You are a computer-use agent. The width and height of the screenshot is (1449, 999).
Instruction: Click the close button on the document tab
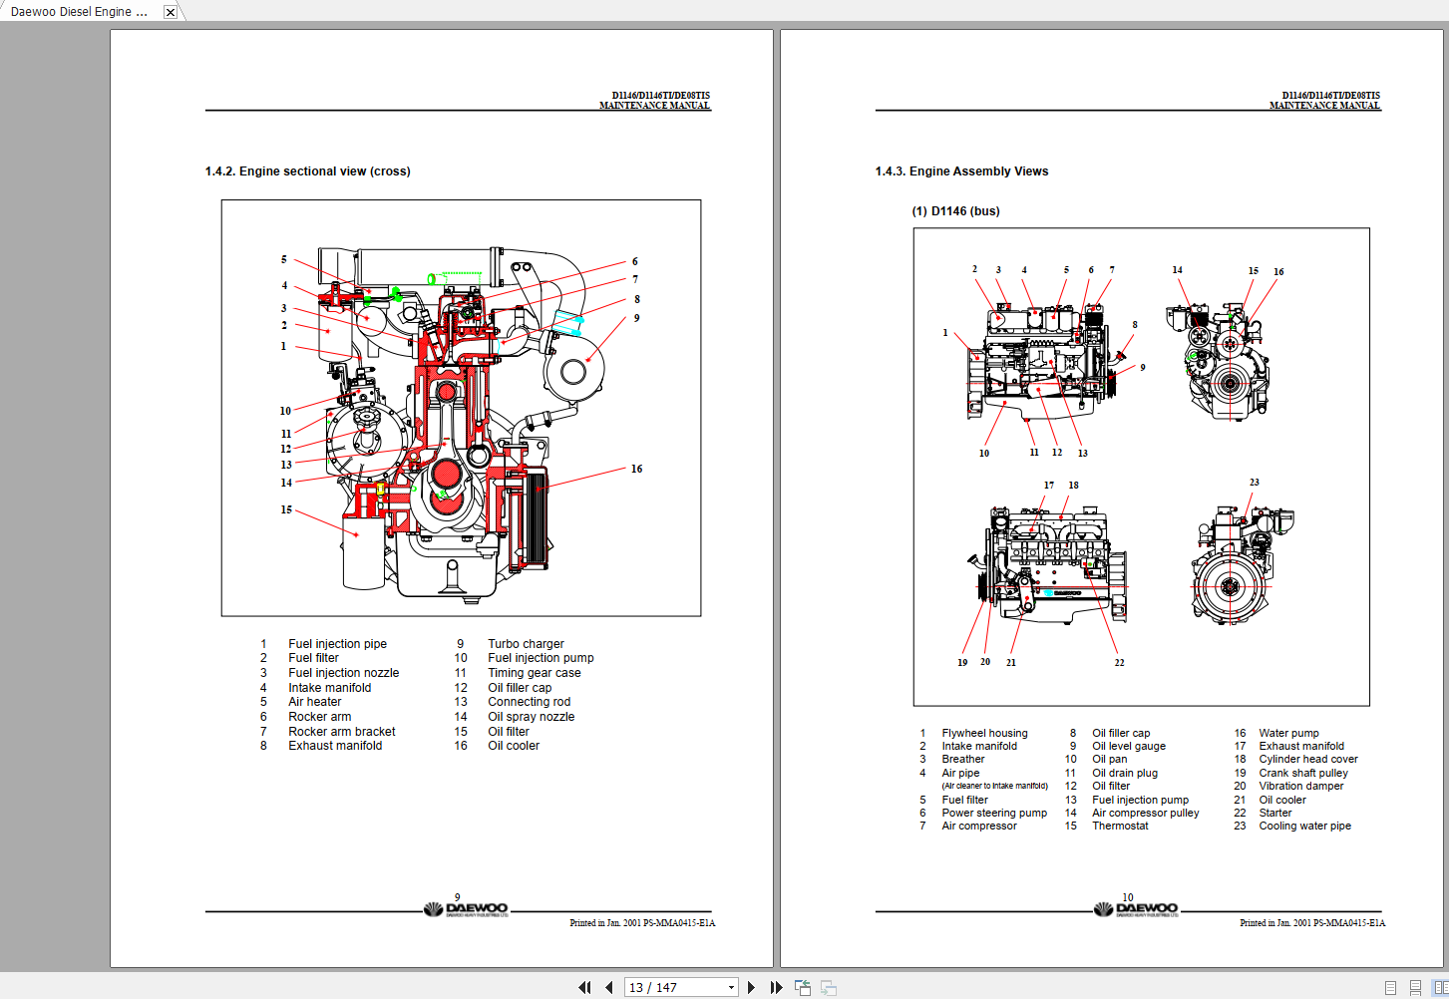171,12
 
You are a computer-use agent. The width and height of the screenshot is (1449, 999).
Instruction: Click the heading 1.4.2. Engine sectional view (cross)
307,171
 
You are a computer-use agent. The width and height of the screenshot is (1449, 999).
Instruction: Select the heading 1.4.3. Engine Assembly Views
961,171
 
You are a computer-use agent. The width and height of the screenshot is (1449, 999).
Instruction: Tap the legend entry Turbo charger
526,644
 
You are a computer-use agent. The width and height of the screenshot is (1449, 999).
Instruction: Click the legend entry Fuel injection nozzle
343,673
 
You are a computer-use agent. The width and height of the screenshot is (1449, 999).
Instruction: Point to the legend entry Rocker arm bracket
341,732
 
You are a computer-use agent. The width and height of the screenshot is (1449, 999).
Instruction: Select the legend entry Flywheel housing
983,733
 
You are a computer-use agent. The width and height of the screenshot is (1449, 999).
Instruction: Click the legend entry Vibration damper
1300,786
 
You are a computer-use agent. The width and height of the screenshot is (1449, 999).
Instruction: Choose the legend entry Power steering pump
993,813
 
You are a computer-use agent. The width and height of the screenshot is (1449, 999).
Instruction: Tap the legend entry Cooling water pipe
1304,826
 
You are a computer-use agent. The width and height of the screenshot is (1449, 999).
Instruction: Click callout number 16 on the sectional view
636,469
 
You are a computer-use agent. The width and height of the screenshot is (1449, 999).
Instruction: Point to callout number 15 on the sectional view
286,509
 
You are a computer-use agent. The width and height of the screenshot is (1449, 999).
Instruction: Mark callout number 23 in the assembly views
1254,483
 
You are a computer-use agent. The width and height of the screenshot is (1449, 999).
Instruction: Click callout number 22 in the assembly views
1119,662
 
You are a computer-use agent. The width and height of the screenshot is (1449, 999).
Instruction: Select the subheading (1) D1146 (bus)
955,211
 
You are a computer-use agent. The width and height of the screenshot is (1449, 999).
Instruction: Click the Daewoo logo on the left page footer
466,909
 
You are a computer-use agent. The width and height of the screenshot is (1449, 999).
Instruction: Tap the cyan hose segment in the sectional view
567,322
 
